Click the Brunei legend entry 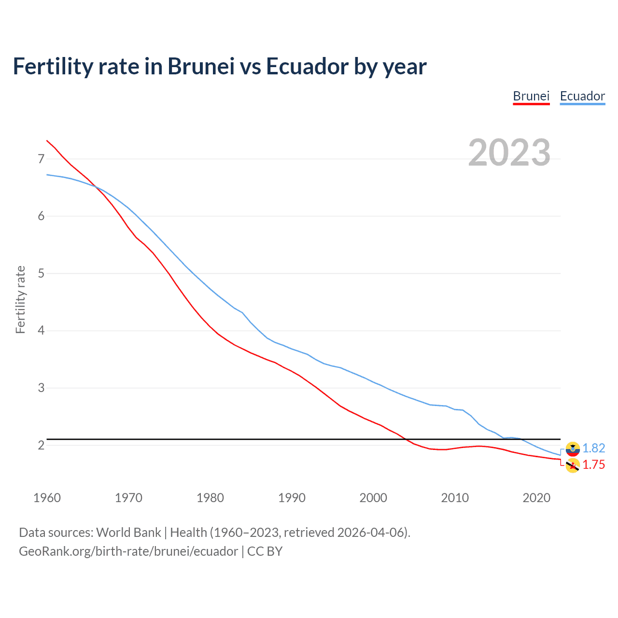coord(531,96)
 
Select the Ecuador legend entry coord(582,96)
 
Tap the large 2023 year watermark coord(509,153)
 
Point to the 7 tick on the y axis coord(41,159)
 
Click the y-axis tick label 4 coord(41,331)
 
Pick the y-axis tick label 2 coord(41,445)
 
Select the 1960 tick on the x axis coord(47,498)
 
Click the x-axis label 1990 coord(292,498)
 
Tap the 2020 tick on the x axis coord(536,498)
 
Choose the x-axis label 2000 coord(373,498)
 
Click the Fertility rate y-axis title coord(20,299)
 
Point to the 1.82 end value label coord(593,448)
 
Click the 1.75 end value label coord(593,464)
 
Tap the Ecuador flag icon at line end coord(573,449)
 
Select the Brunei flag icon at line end coord(573,465)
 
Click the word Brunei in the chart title coord(201,66)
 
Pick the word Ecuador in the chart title coord(307,66)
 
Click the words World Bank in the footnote coord(128,533)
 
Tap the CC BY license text coord(265,551)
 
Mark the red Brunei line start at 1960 coord(47,140)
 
